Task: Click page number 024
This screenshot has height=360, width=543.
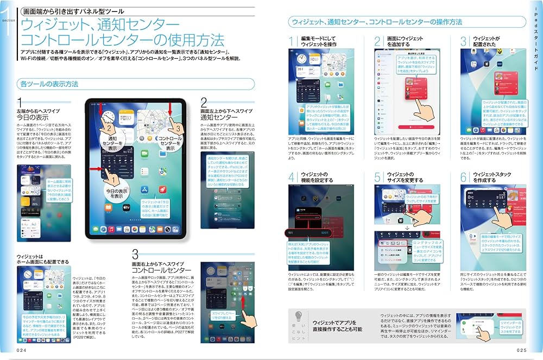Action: [22, 350]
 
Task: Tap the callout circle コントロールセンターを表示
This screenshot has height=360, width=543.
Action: [169, 142]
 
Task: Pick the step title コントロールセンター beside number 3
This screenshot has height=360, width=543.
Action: [161, 270]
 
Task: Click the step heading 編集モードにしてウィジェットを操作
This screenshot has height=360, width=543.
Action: [320, 43]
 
